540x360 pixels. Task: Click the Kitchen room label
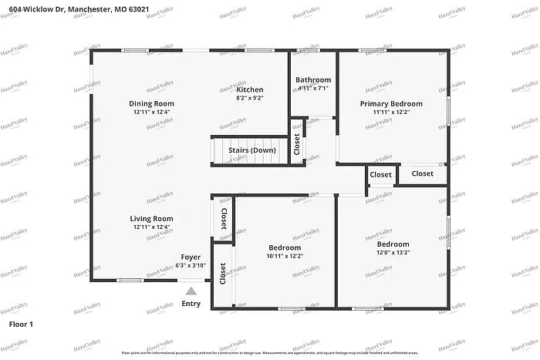[251, 89]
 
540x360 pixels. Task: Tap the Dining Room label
[151, 103]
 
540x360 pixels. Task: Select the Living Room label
[151, 218]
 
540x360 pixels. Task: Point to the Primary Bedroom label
[391, 103]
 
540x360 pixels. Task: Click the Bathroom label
[313, 79]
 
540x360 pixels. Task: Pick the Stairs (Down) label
[252, 150]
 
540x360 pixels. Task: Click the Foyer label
[191, 257]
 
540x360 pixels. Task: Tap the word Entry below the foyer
[191, 304]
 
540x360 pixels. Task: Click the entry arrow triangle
[191, 291]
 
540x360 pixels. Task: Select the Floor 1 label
[21, 325]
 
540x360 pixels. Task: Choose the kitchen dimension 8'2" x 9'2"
[251, 98]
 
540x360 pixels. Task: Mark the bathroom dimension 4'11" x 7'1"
[313, 88]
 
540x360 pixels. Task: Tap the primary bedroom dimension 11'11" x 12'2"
[391, 112]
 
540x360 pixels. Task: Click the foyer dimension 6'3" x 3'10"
[191, 265]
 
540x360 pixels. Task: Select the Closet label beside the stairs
[297, 144]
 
